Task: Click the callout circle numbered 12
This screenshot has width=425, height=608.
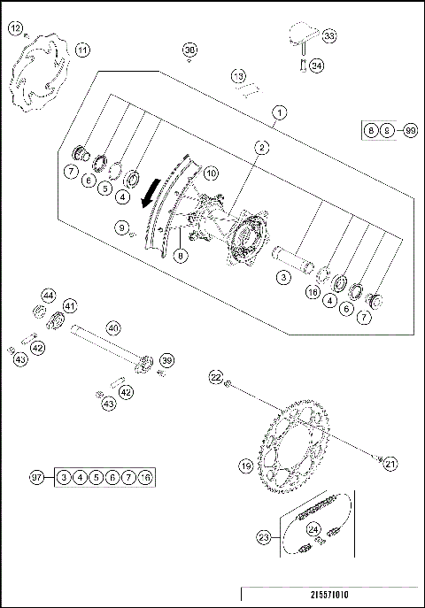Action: click(x=15, y=28)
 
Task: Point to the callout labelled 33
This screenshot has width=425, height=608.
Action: click(x=329, y=36)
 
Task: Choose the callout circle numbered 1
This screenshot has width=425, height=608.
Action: click(x=279, y=112)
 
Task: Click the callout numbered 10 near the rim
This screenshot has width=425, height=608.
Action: click(x=211, y=174)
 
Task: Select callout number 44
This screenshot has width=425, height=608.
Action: click(x=49, y=295)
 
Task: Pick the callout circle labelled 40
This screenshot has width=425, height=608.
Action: click(x=113, y=327)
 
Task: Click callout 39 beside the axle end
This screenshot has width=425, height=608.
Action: click(x=166, y=360)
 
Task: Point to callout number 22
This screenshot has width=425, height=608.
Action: click(x=215, y=378)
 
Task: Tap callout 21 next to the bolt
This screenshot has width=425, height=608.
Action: click(x=391, y=461)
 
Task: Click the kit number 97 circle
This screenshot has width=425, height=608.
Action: click(x=37, y=477)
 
